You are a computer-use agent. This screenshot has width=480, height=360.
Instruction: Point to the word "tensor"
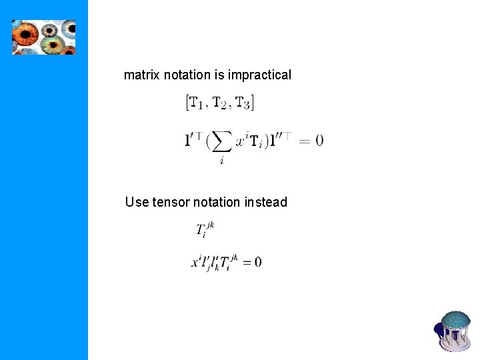click(x=172, y=202)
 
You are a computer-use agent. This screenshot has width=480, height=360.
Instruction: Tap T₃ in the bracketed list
click(x=243, y=103)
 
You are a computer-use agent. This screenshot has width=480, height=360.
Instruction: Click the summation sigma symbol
click(x=222, y=141)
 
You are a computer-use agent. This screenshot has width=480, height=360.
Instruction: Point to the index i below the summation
click(x=221, y=161)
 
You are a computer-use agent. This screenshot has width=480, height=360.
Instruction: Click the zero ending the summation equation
click(x=319, y=141)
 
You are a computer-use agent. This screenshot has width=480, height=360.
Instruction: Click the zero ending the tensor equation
click(x=257, y=262)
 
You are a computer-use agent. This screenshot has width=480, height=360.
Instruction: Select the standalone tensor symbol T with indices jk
click(x=203, y=230)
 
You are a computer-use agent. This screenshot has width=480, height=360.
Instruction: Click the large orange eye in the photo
click(x=26, y=34)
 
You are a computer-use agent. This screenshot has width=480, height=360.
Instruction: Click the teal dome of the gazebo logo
click(x=456, y=321)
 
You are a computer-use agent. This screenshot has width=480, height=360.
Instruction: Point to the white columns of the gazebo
click(x=457, y=339)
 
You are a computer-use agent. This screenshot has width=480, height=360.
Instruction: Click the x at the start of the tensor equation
click(x=196, y=263)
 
